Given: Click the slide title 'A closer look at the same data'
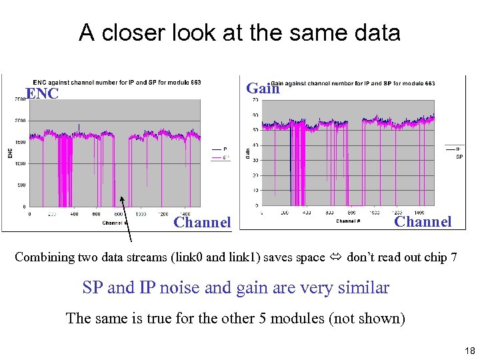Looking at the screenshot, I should [239, 32].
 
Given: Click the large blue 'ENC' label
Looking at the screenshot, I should [43, 94].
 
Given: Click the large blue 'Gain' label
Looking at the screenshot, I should [263, 88].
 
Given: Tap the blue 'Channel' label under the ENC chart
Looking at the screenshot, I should [202, 222].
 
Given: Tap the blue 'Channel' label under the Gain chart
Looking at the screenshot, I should [423, 221].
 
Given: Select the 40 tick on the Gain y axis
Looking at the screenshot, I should [255, 145].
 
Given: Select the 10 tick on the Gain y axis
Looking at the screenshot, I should [255, 191].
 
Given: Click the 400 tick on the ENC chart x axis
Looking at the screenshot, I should [74, 215].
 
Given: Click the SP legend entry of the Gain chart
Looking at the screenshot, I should [459, 157].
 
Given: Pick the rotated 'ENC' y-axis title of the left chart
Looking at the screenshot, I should [10, 153].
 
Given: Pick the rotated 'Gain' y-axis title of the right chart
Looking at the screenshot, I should [247, 153].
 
